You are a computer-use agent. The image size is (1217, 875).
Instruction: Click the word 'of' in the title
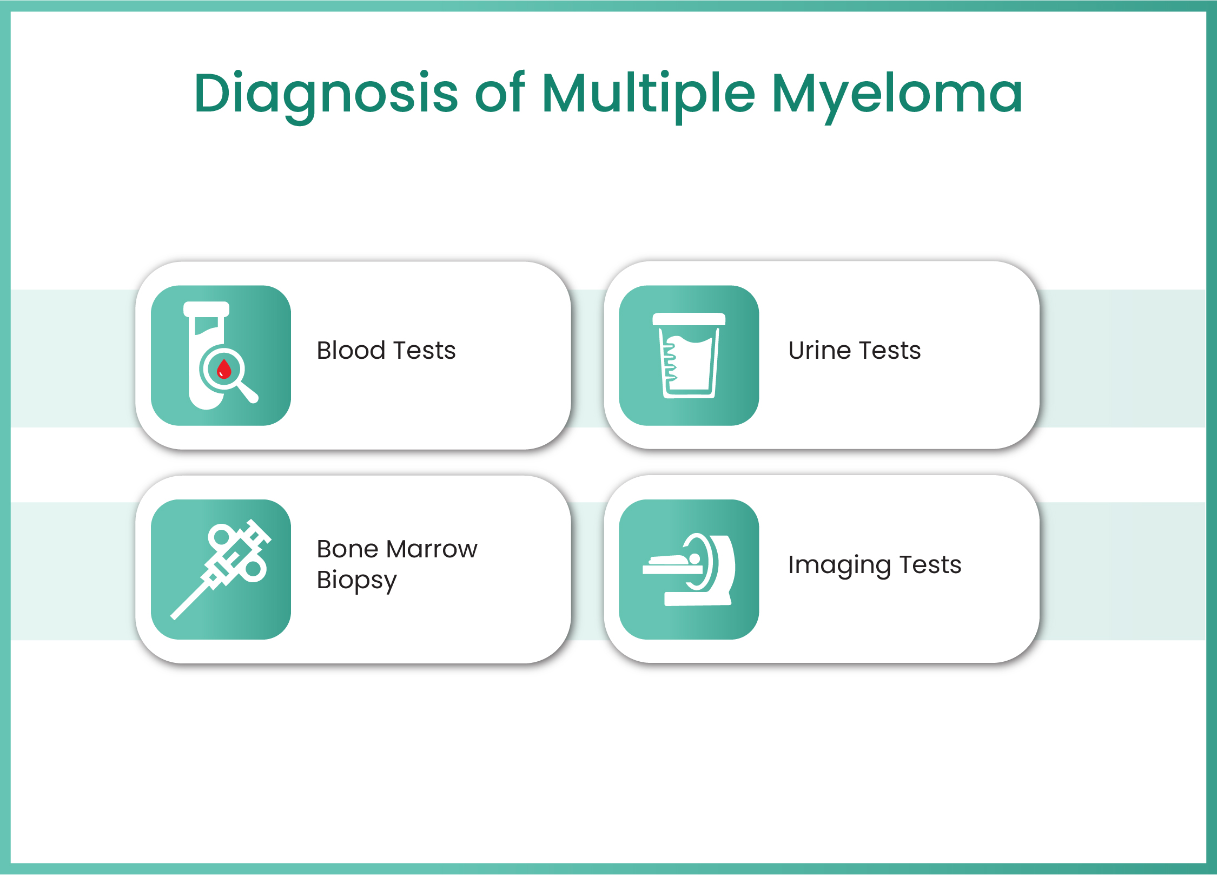click(x=499, y=93)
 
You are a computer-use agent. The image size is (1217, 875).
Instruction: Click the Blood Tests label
click(x=386, y=350)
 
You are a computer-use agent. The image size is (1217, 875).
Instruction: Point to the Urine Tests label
click(x=855, y=350)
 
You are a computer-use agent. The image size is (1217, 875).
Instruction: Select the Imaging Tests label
click(x=875, y=564)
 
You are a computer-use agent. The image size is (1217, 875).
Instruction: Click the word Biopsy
click(x=357, y=580)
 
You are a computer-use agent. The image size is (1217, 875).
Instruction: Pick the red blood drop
click(x=223, y=370)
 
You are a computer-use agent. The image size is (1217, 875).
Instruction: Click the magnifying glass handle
click(x=248, y=392)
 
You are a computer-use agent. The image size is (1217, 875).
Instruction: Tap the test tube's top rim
click(x=206, y=309)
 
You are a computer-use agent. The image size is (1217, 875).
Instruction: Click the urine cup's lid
click(x=689, y=319)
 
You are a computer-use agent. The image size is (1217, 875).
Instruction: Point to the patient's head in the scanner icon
click(x=694, y=558)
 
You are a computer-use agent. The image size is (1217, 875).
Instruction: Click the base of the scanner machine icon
click(x=697, y=598)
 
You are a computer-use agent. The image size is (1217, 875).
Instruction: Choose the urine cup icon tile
click(x=689, y=356)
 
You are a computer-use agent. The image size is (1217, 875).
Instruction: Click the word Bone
click(x=347, y=549)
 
